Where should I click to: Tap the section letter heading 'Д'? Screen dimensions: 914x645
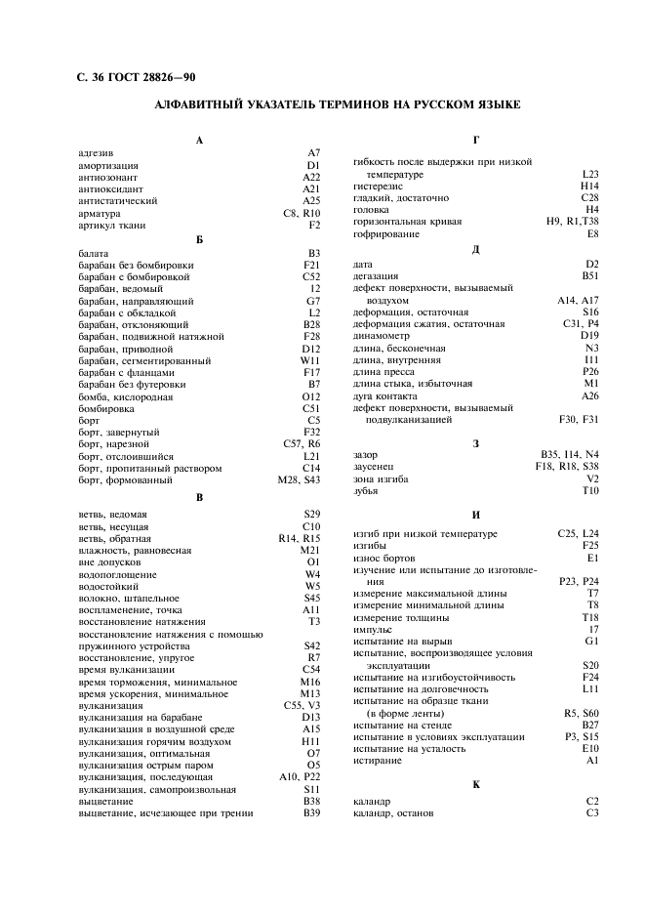[475, 250]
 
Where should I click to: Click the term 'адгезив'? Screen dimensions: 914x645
[96, 153]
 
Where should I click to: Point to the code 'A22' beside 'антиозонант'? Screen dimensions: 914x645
[311, 178]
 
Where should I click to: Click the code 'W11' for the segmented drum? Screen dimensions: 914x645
[310, 360]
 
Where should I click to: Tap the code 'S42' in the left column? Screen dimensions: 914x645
[311, 645]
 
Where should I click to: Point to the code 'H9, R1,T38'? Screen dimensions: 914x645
[573, 222]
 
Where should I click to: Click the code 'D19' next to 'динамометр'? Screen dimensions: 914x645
[589, 336]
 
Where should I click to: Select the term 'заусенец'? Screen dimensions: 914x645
[374, 467]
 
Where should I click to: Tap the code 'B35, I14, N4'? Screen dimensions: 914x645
[570, 455]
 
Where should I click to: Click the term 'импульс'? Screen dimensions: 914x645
[371, 629]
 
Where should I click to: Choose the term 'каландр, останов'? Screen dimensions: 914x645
[393, 812]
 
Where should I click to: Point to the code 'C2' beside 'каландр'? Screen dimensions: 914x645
[591, 801]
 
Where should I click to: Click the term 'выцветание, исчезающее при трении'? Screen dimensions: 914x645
[166, 812]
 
